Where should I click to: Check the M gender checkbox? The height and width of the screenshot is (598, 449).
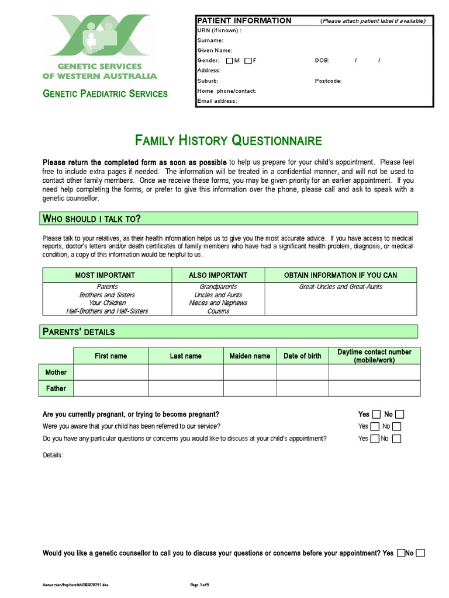(230, 61)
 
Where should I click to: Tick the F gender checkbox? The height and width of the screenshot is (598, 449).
(248, 61)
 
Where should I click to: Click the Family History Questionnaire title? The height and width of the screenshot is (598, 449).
(229, 140)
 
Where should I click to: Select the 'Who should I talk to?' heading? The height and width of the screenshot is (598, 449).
(92, 218)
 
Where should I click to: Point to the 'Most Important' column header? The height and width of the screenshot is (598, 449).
(105, 275)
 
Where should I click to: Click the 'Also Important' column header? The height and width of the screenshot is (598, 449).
(218, 275)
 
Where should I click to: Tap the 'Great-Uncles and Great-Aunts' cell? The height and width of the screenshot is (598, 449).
(340, 287)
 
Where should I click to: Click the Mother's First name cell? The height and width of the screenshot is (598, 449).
(111, 372)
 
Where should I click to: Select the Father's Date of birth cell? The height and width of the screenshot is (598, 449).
(302, 388)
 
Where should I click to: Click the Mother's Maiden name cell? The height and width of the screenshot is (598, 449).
(250, 372)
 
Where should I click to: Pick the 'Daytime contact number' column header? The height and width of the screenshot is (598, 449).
(374, 356)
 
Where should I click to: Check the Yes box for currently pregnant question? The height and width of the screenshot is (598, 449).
(375, 415)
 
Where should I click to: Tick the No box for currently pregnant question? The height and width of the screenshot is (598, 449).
(400, 415)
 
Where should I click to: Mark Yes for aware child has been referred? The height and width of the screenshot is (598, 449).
(375, 427)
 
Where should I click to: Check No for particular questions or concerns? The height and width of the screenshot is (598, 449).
(396, 439)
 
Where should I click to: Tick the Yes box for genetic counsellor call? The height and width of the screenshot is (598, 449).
(401, 553)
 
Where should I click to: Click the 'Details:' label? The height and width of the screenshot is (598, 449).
(53, 455)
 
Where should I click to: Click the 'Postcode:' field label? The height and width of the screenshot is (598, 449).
(328, 81)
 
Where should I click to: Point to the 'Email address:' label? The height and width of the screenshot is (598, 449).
(217, 101)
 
